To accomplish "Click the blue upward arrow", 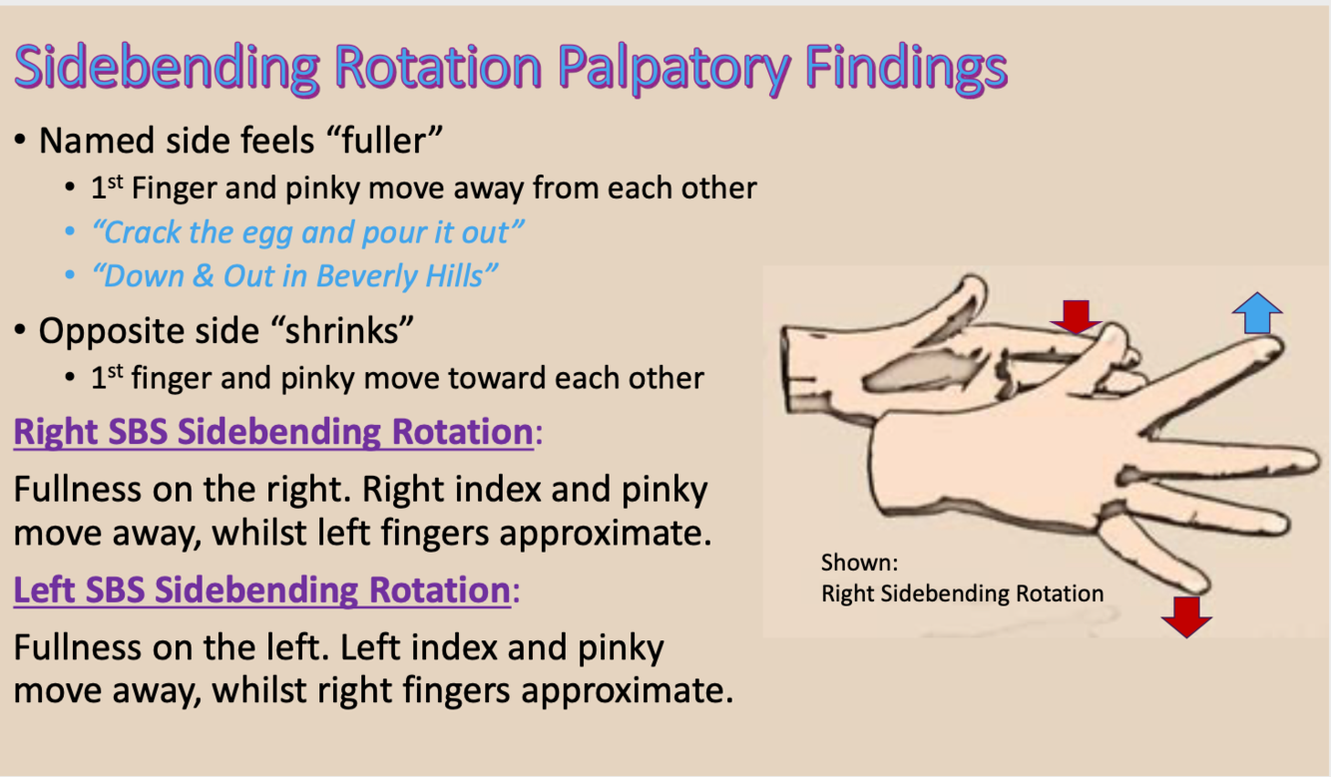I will pyautogui.click(x=1257, y=313).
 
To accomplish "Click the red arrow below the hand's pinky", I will pyautogui.click(x=1186, y=615).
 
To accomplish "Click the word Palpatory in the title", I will pyautogui.click(x=670, y=67).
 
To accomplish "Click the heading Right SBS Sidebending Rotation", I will pyautogui.click(x=272, y=433).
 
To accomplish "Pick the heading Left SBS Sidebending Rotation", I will pyautogui.click(x=261, y=590).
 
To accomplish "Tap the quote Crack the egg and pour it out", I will pyautogui.click(x=307, y=232).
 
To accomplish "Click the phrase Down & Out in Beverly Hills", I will pyautogui.click(x=295, y=275).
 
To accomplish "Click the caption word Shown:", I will pyautogui.click(x=859, y=563).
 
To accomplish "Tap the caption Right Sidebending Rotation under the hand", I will pyautogui.click(x=962, y=593).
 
